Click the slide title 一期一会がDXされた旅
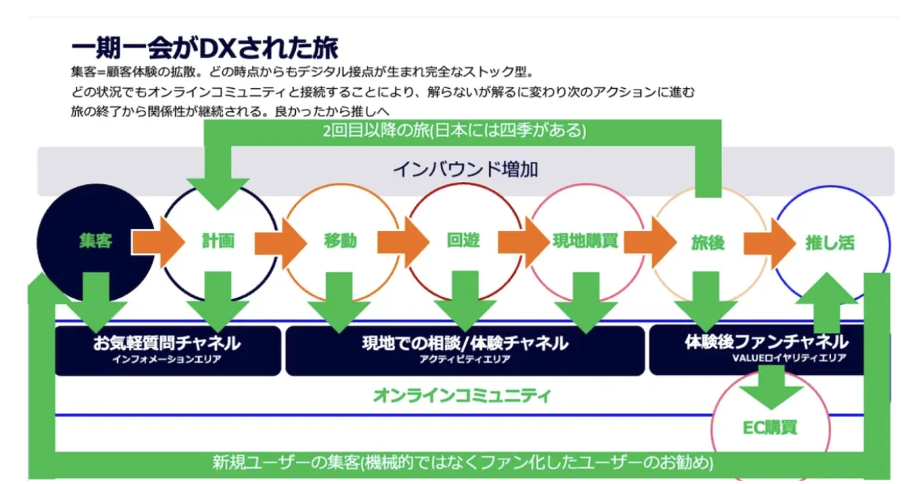(x=205, y=48)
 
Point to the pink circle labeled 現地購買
(x=585, y=241)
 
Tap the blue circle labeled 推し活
(x=830, y=243)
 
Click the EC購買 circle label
(x=770, y=428)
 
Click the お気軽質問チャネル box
(x=167, y=350)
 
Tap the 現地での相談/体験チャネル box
(x=464, y=350)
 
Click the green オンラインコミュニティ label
(x=462, y=396)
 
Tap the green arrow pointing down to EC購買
(x=770, y=386)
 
